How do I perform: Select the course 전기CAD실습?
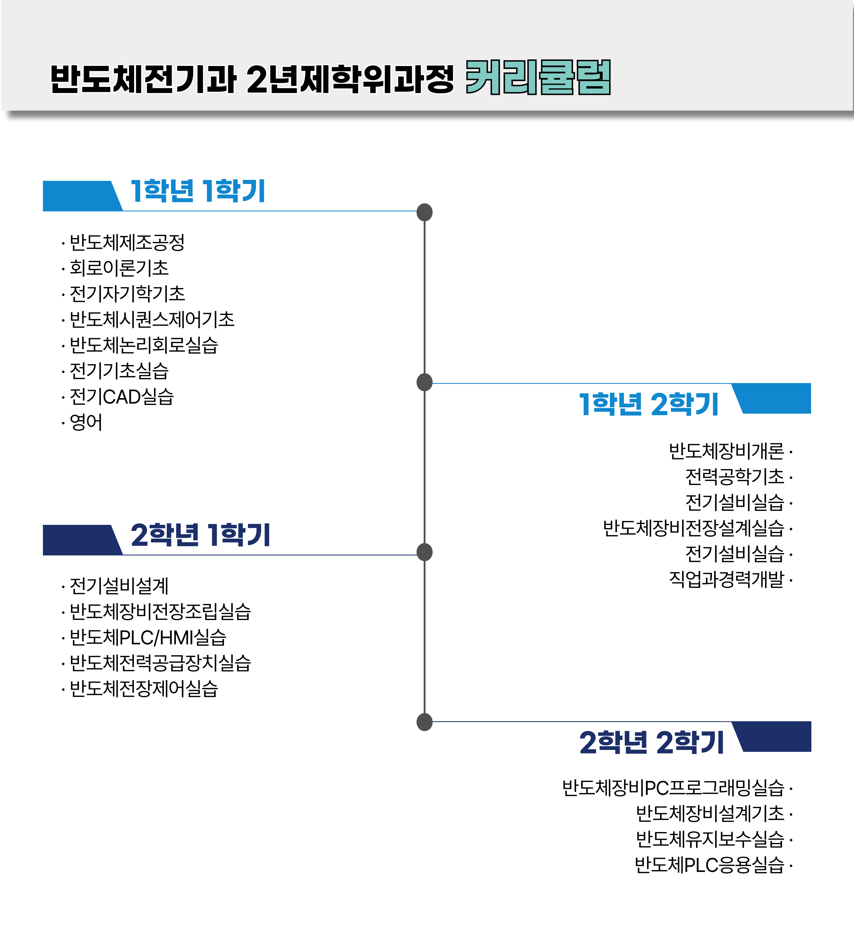(121, 397)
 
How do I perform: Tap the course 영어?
(86, 422)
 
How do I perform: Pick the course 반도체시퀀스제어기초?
(152, 319)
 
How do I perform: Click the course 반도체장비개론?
(727, 451)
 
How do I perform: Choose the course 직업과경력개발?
(727, 579)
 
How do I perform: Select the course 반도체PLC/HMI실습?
(148, 637)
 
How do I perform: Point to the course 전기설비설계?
(119, 586)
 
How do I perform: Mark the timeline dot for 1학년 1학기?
(424, 212)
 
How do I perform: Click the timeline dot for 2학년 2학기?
(424, 722)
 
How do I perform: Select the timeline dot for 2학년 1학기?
(424, 552)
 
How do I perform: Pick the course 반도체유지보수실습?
(710, 839)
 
